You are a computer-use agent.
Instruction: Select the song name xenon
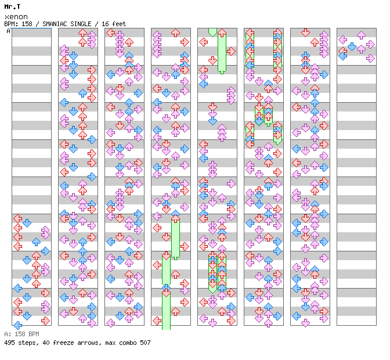(x=16, y=17)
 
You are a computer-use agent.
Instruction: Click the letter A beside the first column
(x=8, y=31)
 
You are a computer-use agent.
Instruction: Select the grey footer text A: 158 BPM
(x=21, y=334)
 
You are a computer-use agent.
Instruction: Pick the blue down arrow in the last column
(x=352, y=46)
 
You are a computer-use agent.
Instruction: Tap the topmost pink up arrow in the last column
(x=361, y=35)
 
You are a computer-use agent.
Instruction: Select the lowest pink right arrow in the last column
(x=370, y=59)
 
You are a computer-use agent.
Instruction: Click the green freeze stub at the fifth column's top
(x=212, y=32)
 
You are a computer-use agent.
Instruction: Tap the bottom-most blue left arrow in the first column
(x=17, y=325)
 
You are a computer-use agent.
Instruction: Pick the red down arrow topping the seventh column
(x=305, y=33)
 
